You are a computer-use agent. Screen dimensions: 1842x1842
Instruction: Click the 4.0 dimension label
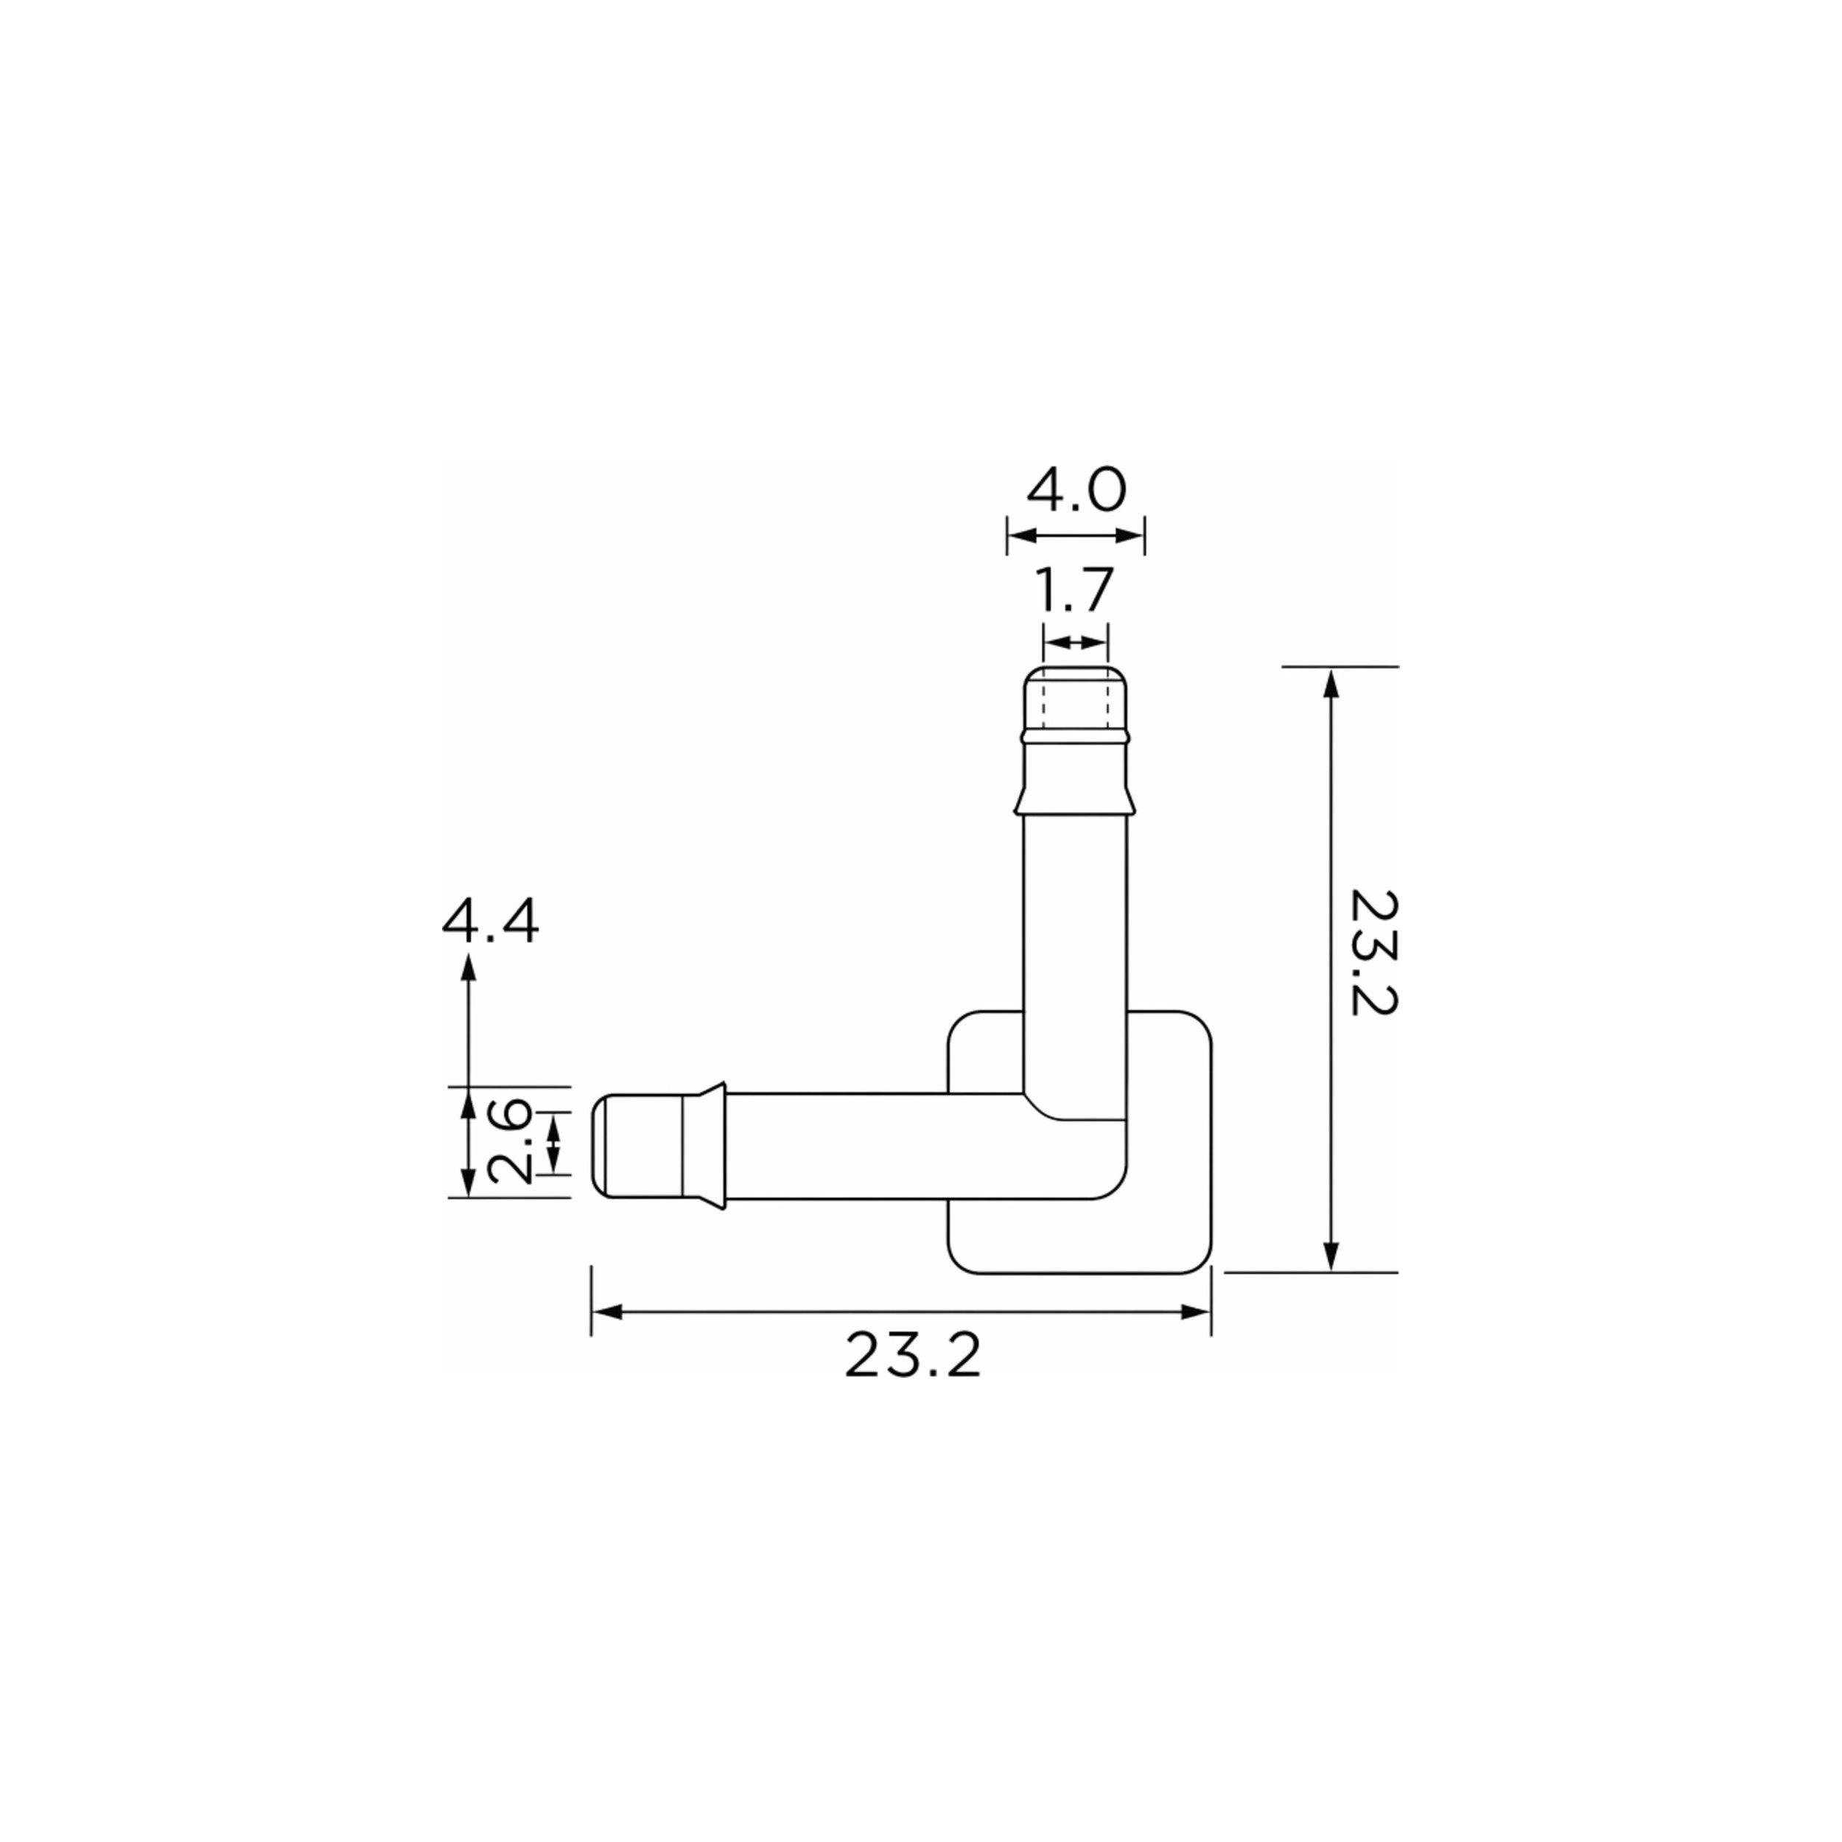1076,490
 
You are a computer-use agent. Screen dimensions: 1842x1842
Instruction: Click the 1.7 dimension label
1074,590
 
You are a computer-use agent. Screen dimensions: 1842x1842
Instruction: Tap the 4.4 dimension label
490,921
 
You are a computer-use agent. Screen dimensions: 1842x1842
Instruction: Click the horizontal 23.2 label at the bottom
912,1356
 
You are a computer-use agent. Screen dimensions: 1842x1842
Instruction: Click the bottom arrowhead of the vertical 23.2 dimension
1332,1256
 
